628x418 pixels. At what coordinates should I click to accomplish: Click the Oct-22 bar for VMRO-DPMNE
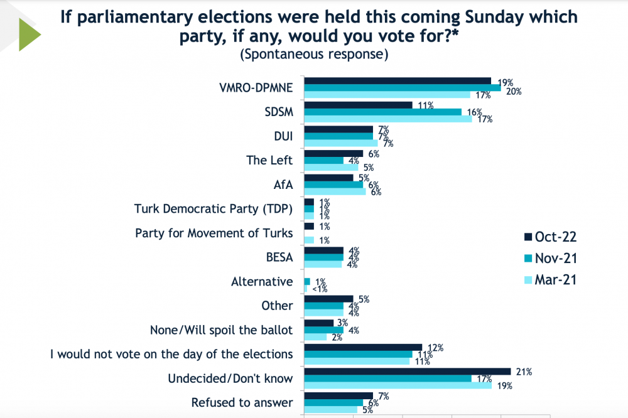(398, 80)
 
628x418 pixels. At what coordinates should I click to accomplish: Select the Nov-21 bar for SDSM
(382, 112)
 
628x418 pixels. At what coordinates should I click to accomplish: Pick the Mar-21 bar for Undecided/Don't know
(398, 385)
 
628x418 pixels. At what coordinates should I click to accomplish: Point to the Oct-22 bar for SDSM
(358, 105)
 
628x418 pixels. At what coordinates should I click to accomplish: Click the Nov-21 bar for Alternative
(307, 281)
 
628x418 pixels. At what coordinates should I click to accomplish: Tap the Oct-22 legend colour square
(528, 237)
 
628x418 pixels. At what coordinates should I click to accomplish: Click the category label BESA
(279, 257)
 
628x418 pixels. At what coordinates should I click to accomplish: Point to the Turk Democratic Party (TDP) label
(214, 208)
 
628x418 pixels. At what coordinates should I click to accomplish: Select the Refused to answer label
(242, 402)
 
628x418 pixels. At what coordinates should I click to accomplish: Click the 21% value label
(524, 372)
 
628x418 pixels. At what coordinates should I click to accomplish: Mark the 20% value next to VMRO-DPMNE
(514, 91)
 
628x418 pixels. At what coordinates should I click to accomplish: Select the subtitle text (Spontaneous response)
(314, 54)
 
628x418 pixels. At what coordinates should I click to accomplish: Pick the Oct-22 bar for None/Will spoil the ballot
(318, 323)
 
